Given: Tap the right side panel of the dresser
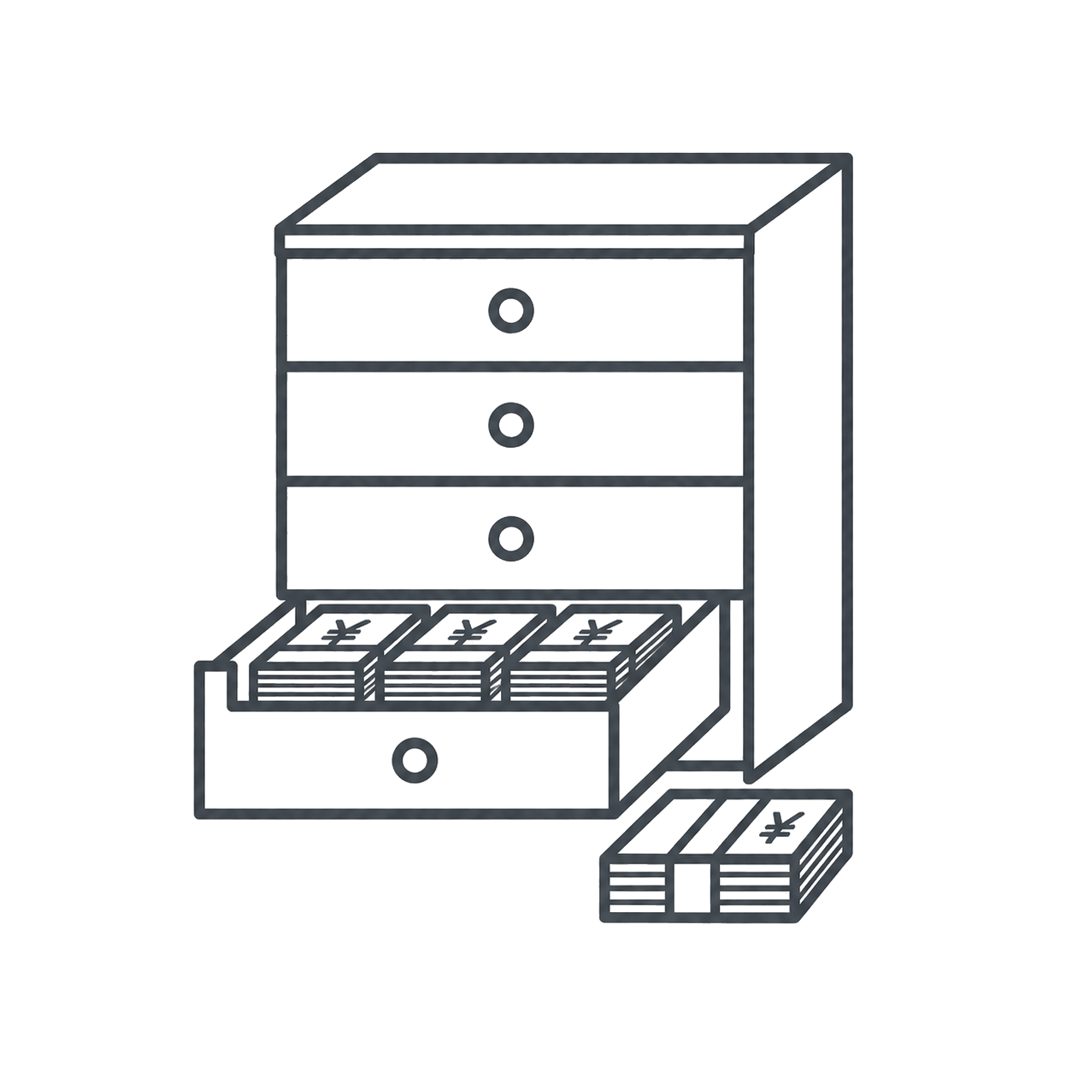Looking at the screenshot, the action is [x=801, y=468].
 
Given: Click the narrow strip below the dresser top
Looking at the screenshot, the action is [x=515, y=241].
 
